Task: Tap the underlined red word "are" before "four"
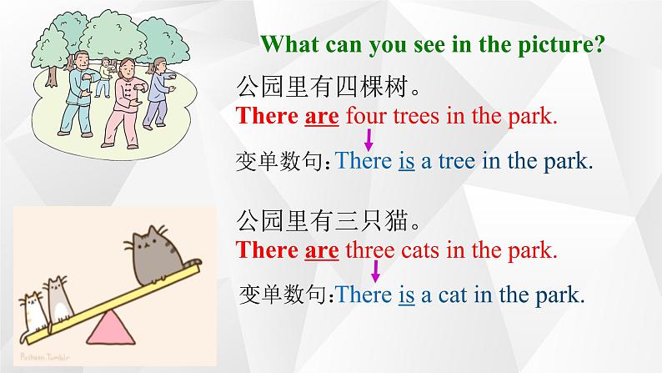322,115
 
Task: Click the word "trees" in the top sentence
416,115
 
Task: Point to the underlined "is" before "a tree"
406,161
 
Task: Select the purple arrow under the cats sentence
375,270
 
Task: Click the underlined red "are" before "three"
322,249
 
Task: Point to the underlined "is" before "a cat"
406,294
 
